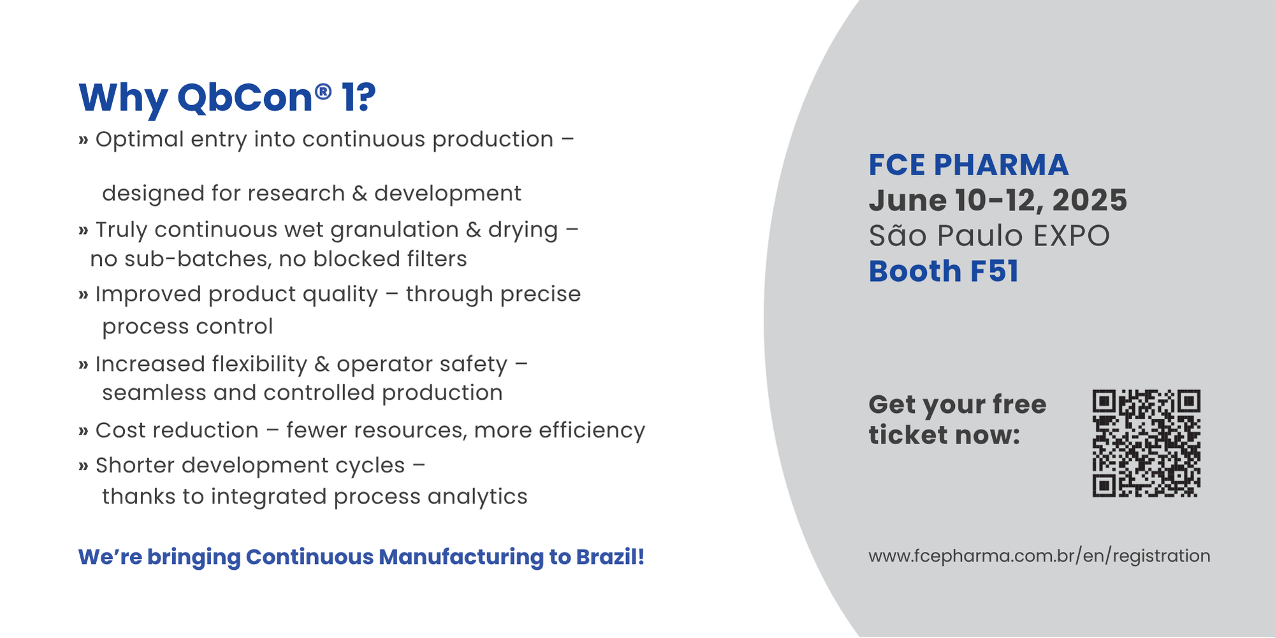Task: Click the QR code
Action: [x=1146, y=444]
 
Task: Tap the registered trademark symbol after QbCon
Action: [x=323, y=92]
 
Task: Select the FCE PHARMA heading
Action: [x=968, y=165]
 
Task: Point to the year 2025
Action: [x=1089, y=200]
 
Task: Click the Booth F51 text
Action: [x=943, y=271]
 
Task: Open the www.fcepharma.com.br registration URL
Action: [x=1039, y=556]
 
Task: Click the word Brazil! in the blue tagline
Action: [x=610, y=556]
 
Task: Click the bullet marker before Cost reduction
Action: [x=84, y=431]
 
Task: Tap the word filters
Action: [x=437, y=259]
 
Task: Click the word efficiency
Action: [x=592, y=431]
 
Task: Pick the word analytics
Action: [x=477, y=497]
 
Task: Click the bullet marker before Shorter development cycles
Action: [x=84, y=467]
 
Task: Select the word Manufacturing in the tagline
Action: [x=462, y=557]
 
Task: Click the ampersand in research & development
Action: [x=360, y=194]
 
